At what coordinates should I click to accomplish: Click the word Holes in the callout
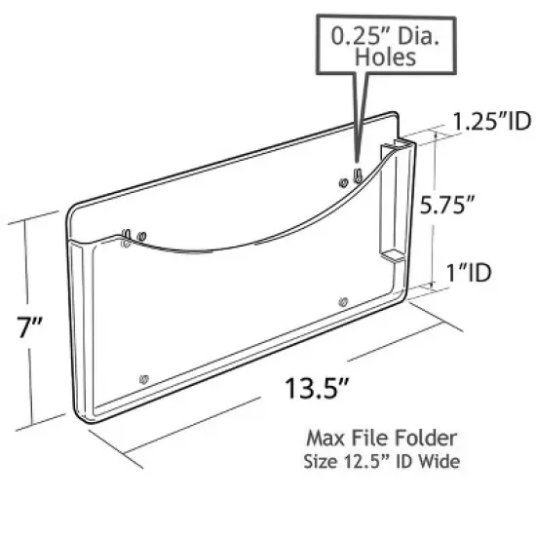click(x=386, y=57)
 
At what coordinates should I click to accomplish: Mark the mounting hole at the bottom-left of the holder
click(x=144, y=377)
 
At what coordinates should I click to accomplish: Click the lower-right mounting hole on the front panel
click(x=342, y=303)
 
